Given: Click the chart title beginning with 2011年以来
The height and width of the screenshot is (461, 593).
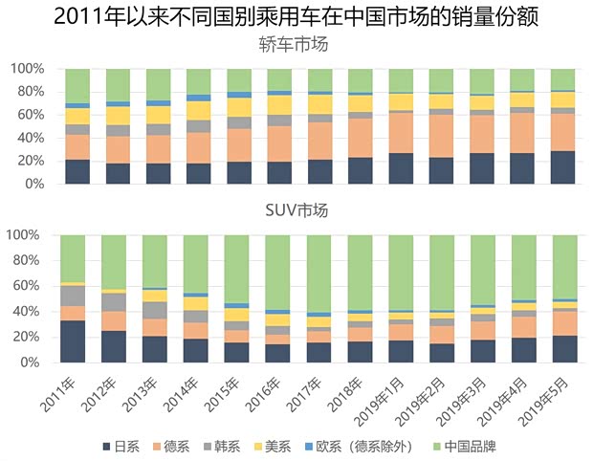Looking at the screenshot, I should (x=296, y=17).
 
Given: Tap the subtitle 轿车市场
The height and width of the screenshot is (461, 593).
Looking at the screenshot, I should (x=296, y=44).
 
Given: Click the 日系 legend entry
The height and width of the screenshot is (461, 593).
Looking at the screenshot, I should (x=122, y=446).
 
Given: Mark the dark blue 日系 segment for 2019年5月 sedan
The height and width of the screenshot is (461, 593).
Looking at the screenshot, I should (x=563, y=167).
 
